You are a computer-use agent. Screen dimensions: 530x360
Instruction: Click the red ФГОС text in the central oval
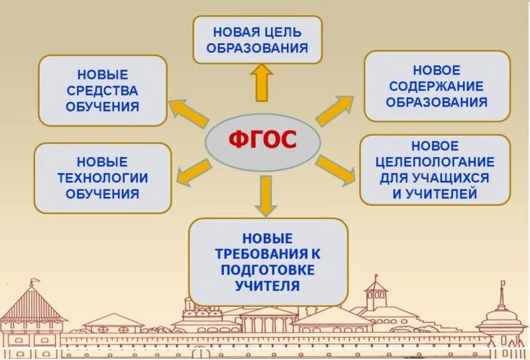[263, 141]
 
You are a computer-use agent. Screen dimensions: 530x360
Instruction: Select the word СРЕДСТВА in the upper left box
[103, 90]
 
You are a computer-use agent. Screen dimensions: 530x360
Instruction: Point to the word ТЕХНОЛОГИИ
[102, 178]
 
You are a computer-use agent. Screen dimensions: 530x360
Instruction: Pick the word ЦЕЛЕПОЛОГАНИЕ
[435, 161]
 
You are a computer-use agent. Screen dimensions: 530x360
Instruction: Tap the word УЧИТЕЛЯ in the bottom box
[267, 286]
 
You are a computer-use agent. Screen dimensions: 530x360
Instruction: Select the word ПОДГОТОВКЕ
[268, 270]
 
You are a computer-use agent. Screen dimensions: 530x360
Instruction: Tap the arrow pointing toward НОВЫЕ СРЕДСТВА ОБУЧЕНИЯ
[189, 113]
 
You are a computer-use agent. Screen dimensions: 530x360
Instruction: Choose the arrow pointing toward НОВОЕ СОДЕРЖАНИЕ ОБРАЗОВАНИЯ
[335, 110]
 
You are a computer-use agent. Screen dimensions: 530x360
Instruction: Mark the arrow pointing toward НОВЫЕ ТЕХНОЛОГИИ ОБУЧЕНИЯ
[194, 170]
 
